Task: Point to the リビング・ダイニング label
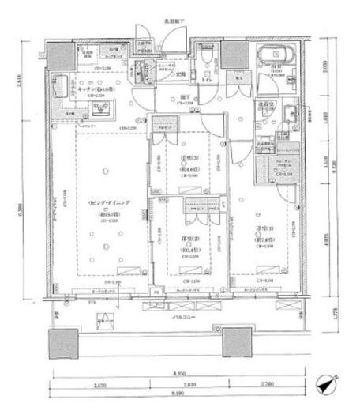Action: coord(104,208)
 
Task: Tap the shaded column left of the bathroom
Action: coord(232,54)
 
